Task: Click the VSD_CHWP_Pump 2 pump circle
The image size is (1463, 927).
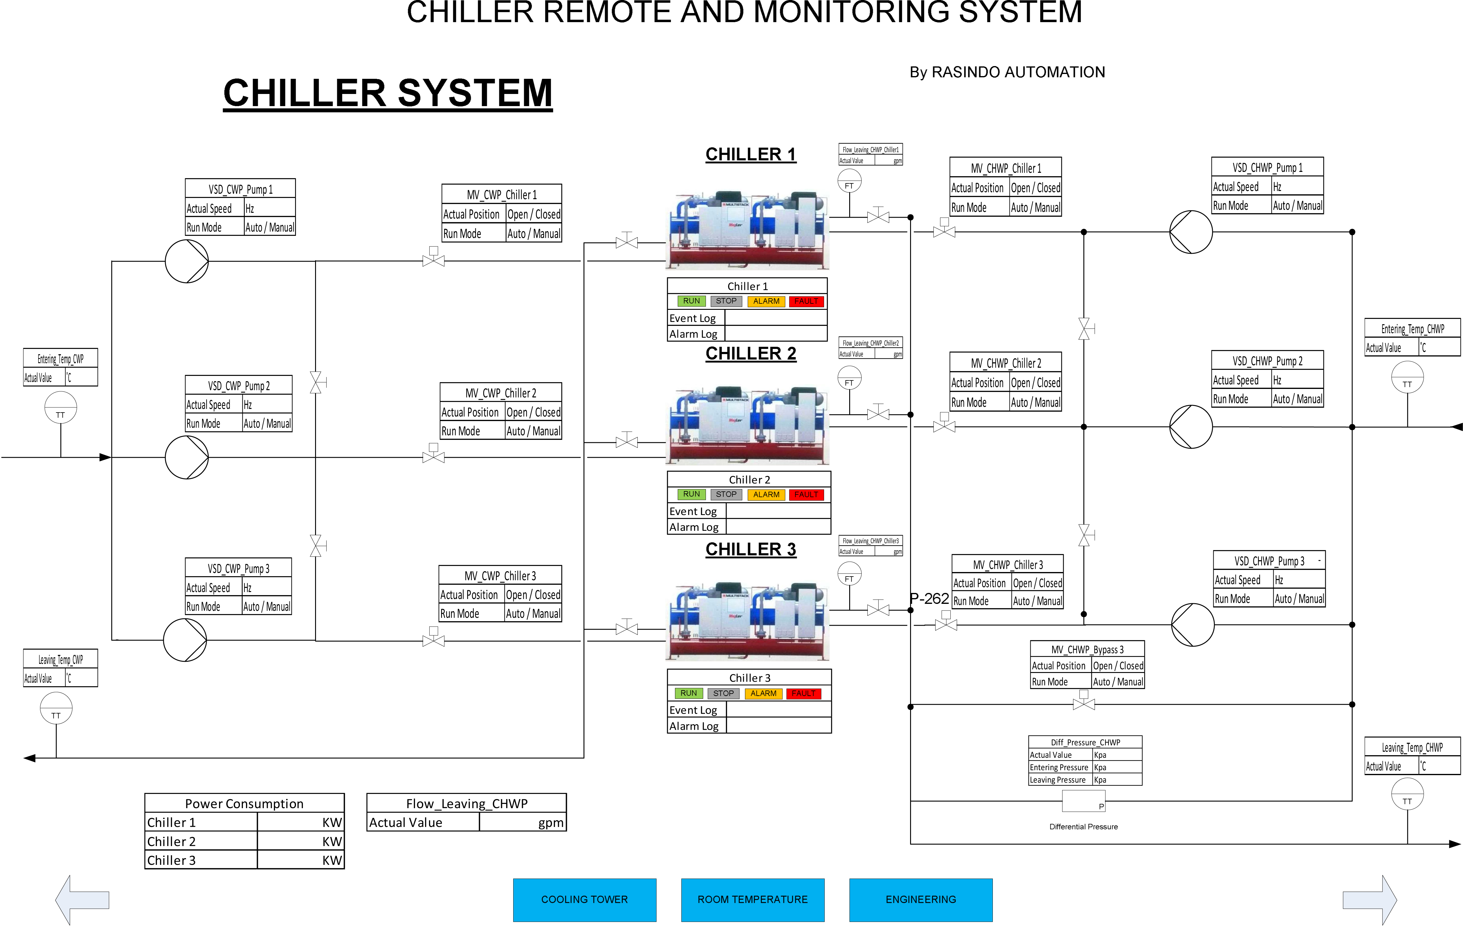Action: click(x=1191, y=427)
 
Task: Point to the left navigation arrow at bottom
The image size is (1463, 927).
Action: click(x=82, y=900)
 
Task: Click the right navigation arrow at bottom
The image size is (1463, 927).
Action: click(x=1370, y=900)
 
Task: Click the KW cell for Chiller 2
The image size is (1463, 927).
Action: click(x=301, y=841)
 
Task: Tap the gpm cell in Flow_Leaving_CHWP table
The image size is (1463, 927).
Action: click(x=523, y=822)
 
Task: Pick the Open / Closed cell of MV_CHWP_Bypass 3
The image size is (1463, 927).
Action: click(x=1118, y=666)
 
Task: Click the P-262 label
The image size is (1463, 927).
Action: click(x=929, y=599)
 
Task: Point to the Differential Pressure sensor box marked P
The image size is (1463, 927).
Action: click(x=1083, y=801)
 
